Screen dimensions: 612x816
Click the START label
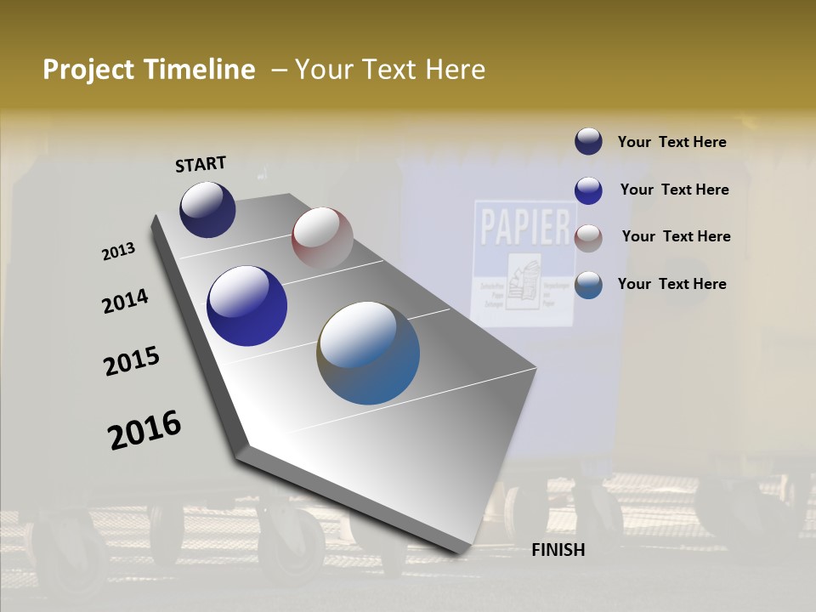tap(201, 164)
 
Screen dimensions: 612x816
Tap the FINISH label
tap(558, 550)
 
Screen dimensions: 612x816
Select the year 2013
tap(118, 252)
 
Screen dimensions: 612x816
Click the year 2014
tap(125, 301)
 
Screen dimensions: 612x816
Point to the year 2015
tap(132, 361)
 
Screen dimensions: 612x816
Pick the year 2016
tap(144, 430)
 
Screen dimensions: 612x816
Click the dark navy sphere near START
tap(207, 210)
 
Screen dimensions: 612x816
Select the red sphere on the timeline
tap(322, 237)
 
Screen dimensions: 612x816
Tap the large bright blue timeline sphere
tap(246, 306)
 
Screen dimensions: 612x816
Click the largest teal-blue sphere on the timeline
tap(368, 353)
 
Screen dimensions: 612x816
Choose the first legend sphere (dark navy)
tap(588, 142)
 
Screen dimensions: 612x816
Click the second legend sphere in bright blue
tap(588, 190)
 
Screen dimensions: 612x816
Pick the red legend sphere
tap(588, 238)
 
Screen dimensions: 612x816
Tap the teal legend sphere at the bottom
tap(588, 285)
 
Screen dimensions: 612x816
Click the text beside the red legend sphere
tap(676, 236)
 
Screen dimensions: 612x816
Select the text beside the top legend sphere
tap(671, 142)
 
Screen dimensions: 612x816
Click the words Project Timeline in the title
tap(149, 70)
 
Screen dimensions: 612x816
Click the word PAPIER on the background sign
tap(524, 227)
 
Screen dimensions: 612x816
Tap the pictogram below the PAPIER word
tap(524, 280)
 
